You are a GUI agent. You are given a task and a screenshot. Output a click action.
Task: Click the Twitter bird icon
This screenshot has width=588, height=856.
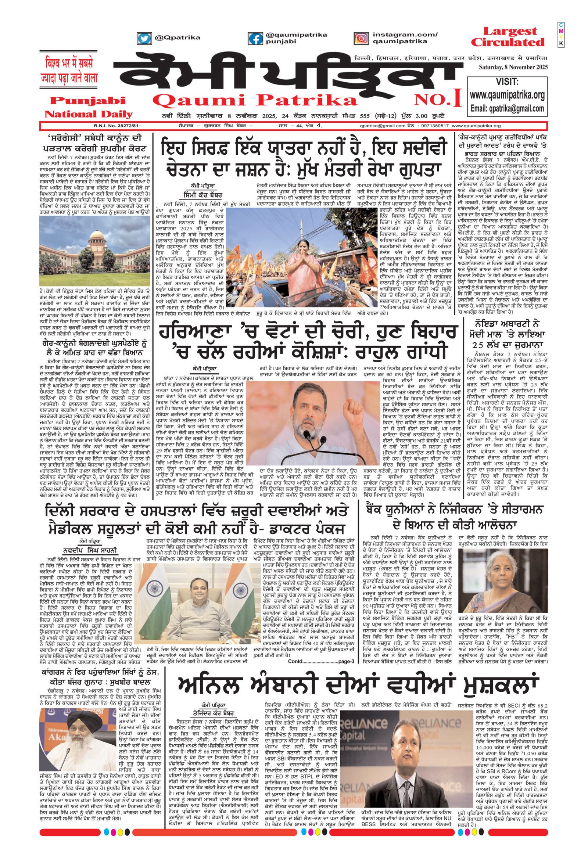pos(145,38)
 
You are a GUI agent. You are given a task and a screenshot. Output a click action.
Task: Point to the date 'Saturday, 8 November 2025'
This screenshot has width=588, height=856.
pos(513,67)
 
